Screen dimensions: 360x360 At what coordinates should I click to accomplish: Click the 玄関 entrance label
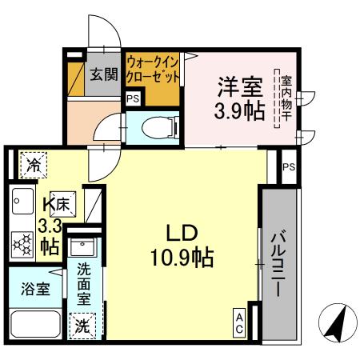tap(103, 75)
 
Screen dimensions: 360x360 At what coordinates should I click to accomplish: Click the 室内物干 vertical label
tap(284, 98)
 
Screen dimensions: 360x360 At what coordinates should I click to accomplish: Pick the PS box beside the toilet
tap(133, 99)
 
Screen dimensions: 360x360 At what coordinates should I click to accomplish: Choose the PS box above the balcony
tap(289, 167)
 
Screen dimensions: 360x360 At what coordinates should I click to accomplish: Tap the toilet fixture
tap(151, 126)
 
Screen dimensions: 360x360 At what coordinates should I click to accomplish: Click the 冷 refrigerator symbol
tap(34, 165)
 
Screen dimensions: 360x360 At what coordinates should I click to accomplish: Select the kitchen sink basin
tap(21, 201)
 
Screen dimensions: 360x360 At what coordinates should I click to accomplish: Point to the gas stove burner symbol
tap(21, 242)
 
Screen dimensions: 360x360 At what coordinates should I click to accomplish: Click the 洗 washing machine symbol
tap(82, 325)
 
